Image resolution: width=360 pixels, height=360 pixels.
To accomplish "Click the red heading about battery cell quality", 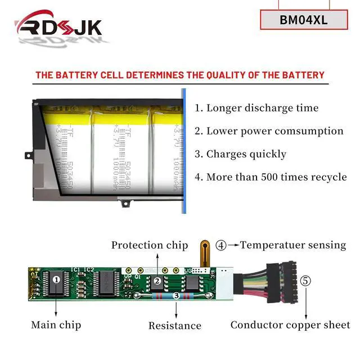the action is tap(180, 75).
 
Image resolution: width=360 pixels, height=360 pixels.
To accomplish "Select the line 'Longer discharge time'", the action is tap(256, 108).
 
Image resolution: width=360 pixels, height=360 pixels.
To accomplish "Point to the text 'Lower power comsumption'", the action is tap(269, 131).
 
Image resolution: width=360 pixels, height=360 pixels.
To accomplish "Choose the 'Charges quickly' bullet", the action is tap(240, 154).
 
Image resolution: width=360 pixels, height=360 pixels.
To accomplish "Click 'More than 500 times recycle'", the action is tap(271, 177).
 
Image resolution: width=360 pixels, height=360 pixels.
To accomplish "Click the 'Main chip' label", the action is tap(56, 325).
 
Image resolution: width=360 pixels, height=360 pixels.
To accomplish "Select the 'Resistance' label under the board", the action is tap(175, 325).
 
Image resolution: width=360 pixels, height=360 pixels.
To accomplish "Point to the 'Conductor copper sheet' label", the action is tap(290, 325).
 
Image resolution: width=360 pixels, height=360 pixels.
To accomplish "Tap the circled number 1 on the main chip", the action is tap(56, 278).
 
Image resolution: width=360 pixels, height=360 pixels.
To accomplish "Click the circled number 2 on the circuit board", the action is tap(158, 280).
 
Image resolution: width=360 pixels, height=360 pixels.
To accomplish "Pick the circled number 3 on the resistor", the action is tap(176, 295).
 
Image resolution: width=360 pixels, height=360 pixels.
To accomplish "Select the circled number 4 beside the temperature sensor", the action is tap(222, 245).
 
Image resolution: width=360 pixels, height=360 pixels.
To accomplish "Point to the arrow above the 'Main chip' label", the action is tap(56, 306).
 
